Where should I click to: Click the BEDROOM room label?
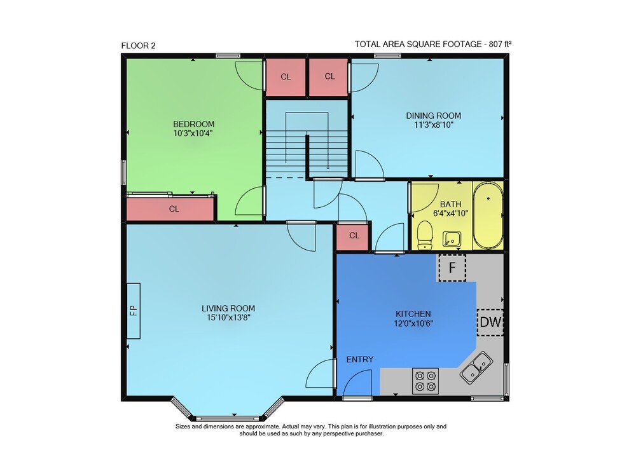(x=193, y=124)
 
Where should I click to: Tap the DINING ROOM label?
(x=434, y=116)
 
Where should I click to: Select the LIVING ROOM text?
(x=228, y=308)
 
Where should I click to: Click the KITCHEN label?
(x=413, y=314)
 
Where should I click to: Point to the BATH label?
(x=450, y=204)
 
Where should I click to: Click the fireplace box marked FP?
(x=134, y=310)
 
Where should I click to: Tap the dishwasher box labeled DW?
(x=490, y=322)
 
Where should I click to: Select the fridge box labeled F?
(x=452, y=268)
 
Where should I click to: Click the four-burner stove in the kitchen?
(x=425, y=381)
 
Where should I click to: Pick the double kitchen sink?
(x=476, y=367)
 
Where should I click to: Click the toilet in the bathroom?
(x=425, y=235)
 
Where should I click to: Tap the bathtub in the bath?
(x=488, y=215)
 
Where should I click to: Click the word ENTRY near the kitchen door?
(x=360, y=360)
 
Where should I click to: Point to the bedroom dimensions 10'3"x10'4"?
(x=193, y=133)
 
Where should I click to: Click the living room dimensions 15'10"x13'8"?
(x=228, y=317)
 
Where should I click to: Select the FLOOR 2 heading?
(x=138, y=46)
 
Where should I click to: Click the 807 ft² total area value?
(x=500, y=44)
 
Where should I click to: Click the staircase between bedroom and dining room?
(x=307, y=140)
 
